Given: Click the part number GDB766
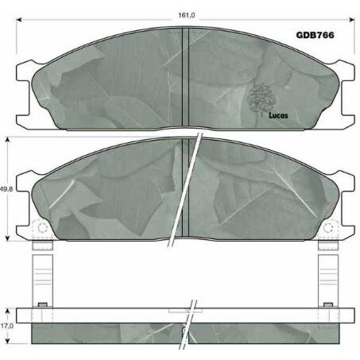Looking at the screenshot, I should [314, 35].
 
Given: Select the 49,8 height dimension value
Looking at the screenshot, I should [6, 189].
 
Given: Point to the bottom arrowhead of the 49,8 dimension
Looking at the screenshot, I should [10, 238].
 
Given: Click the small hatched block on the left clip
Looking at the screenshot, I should [43, 304].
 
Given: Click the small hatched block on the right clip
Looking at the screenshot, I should [327, 304].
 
